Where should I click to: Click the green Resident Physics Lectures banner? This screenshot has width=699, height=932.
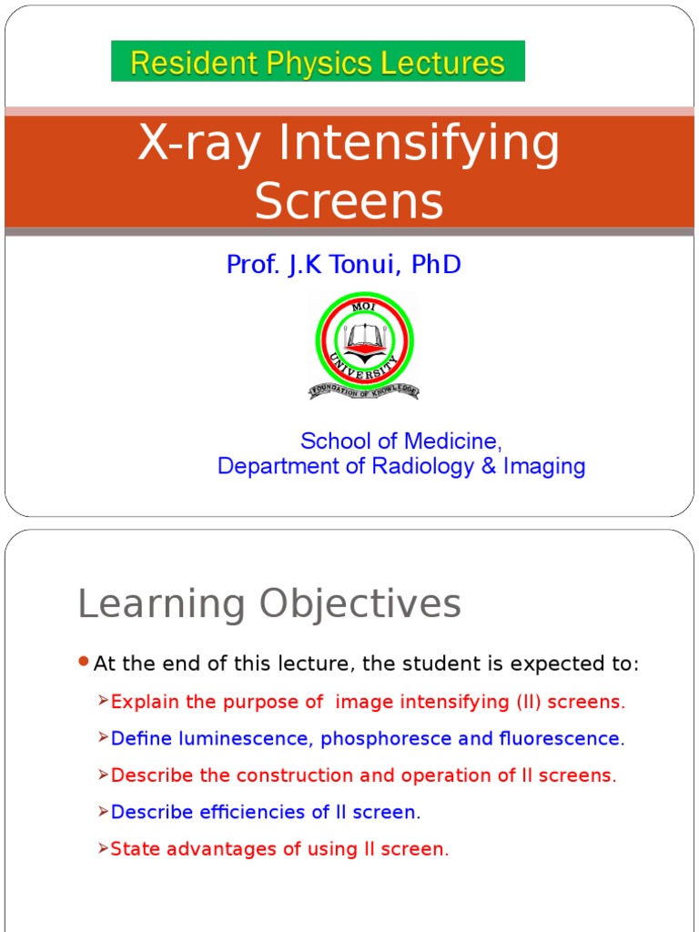(x=318, y=62)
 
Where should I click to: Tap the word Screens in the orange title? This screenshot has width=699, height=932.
(x=349, y=201)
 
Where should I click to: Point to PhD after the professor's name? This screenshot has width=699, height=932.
(x=436, y=265)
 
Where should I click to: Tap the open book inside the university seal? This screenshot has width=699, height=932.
(x=364, y=339)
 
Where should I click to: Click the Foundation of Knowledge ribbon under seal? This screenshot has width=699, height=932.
(x=364, y=391)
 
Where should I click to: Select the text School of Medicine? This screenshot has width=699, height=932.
(x=400, y=441)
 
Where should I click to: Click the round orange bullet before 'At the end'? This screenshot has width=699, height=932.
(x=84, y=662)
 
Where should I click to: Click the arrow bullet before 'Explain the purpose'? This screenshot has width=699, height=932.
(x=103, y=701)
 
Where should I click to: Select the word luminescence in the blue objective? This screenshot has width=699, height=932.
(x=208, y=739)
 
